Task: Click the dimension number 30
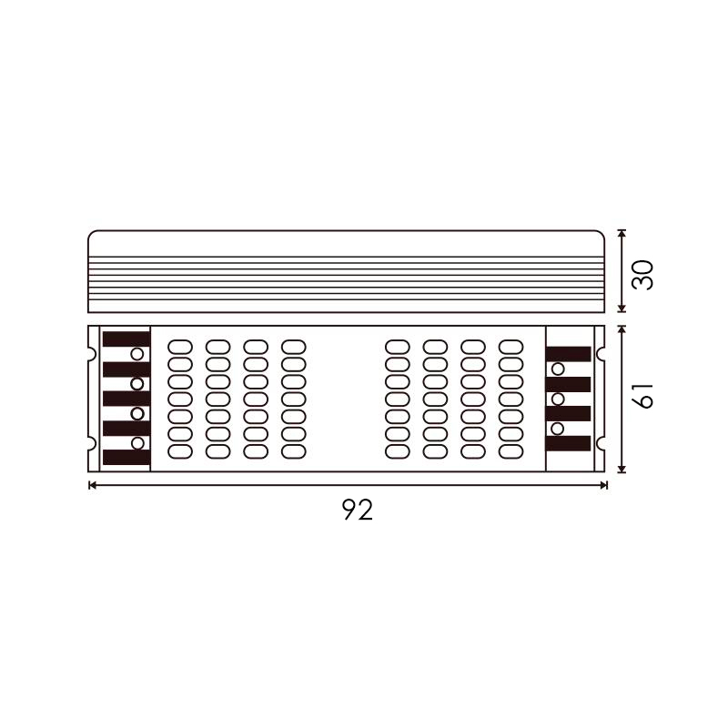coord(643,276)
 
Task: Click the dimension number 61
coord(643,396)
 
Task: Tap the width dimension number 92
coord(358,510)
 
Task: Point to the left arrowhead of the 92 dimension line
coord(92,486)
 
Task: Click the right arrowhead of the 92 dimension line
coord(603,486)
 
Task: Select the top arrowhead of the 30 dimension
coord(622,234)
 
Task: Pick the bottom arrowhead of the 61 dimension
coord(622,469)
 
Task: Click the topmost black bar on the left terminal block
coord(126,339)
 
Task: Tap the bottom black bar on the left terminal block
coord(126,457)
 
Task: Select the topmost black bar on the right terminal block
coord(568,354)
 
